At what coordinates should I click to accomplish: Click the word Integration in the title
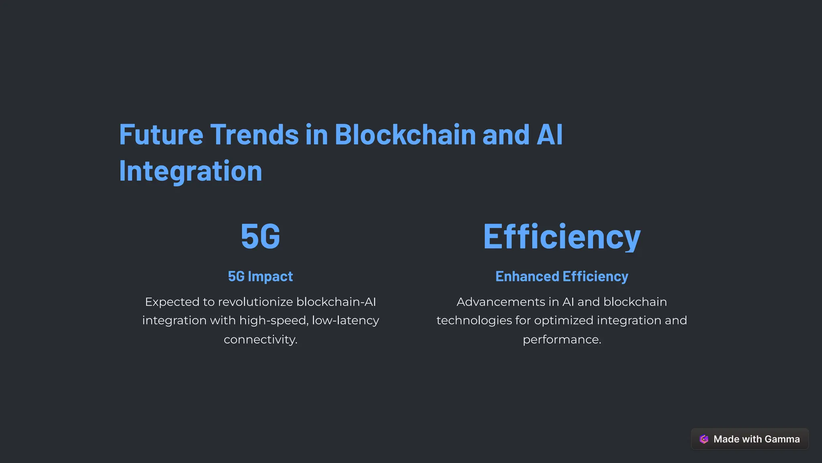(191, 171)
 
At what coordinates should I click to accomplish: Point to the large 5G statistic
(260, 236)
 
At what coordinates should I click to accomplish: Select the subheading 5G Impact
(260, 276)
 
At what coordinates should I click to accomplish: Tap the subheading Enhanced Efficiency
(562, 276)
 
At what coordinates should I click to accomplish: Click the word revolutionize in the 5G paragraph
(255, 302)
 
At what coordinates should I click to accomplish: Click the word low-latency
(346, 321)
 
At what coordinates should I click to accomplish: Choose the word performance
(562, 340)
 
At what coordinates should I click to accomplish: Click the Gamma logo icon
(704, 439)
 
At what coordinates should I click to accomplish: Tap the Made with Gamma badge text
(757, 439)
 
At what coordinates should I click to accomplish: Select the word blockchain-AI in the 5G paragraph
(336, 302)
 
